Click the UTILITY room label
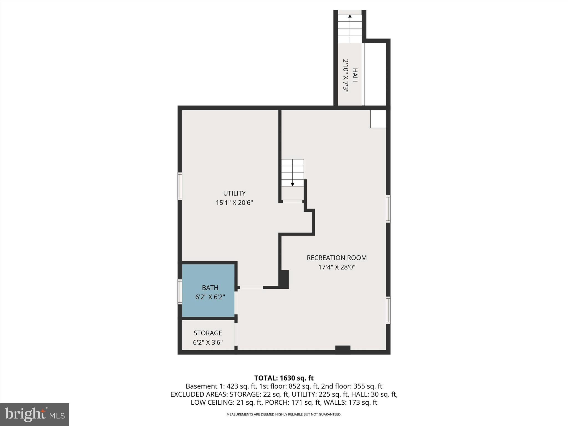pos(234,193)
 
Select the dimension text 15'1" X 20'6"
pos(234,203)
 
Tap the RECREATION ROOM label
pos(336,258)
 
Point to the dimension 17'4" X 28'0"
pos(336,267)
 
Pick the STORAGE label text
pos(208,333)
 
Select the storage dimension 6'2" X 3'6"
pos(208,343)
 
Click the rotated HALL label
pos(355,75)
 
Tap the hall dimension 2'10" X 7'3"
pos(346,75)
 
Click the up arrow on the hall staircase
pos(350,16)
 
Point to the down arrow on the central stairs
pos(292,184)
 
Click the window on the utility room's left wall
pos(180,186)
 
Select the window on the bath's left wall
pos(180,292)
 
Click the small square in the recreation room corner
pos(378,119)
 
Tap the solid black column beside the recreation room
pos(284,279)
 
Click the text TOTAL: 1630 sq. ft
pos(284,378)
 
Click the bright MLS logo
pos(34,414)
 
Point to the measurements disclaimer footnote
pos(284,414)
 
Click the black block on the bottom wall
pos(343,349)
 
